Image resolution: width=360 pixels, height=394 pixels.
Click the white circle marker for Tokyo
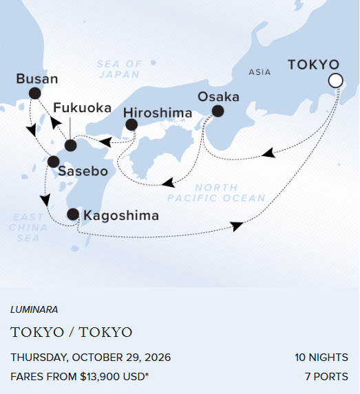pos(335,81)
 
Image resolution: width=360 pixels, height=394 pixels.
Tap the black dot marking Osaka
pos(218,111)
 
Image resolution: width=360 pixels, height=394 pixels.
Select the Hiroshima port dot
pos(131,125)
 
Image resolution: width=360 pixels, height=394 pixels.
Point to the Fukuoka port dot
pos(70,145)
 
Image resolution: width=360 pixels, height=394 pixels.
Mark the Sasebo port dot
pos(53,162)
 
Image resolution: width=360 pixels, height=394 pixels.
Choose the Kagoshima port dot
pos(73,215)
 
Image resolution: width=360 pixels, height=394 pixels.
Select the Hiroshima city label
pos(158,112)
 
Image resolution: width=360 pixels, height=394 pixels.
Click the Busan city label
pos(37,78)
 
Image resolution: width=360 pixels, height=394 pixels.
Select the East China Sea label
pos(24,228)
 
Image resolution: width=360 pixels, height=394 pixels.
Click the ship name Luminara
pos(34,310)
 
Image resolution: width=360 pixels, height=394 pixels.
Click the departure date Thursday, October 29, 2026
pos(91,358)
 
